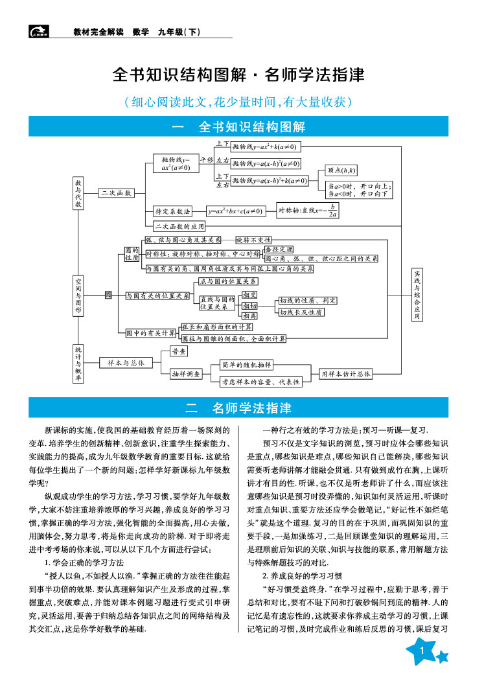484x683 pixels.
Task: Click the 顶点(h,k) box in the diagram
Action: click(x=342, y=170)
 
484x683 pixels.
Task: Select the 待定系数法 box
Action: click(x=172, y=211)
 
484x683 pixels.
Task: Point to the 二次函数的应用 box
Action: click(x=179, y=227)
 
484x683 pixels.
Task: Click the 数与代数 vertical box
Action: click(x=78, y=192)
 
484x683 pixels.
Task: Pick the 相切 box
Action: click(x=249, y=305)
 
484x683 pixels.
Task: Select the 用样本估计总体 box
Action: click(x=346, y=374)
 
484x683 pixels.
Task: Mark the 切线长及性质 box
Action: click(x=301, y=312)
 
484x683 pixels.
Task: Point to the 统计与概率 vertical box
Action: click(x=78, y=363)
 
